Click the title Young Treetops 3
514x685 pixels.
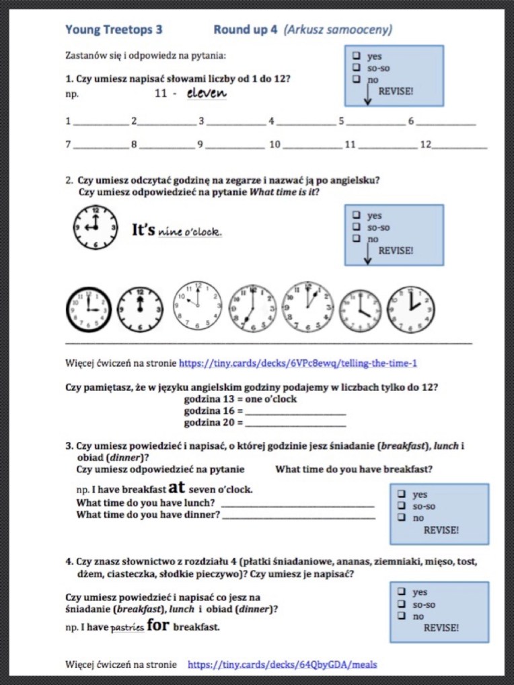(114, 30)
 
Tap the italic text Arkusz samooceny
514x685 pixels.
(338, 30)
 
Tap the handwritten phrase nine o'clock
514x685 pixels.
(190, 233)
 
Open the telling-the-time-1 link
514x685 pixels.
(298, 363)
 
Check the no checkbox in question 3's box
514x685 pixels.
(401, 518)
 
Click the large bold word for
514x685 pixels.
(158, 626)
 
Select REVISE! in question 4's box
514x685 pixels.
(441, 628)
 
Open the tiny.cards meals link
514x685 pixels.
(283, 665)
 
